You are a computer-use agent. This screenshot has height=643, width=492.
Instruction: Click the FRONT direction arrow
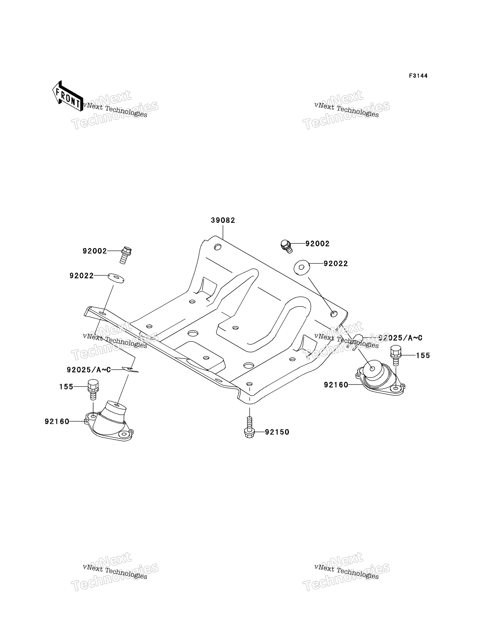pyautogui.click(x=67, y=96)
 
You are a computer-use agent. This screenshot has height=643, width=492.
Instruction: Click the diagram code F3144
pyautogui.click(x=418, y=76)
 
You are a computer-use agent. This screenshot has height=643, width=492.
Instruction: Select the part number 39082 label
pyautogui.click(x=223, y=220)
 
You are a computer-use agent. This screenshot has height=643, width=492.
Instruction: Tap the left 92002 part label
pyautogui.click(x=94, y=251)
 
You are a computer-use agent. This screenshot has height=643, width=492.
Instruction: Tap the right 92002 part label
pyautogui.click(x=317, y=244)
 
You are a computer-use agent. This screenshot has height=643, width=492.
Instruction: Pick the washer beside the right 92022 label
pyautogui.click(x=302, y=268)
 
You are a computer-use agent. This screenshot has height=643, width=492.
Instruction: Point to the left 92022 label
pyautogui.click(x=81, y=276)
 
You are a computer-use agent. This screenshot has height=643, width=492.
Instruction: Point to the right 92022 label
pyautogui.click(x=336, y=264)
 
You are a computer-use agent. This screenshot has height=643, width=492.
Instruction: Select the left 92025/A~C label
pyautogui.click(x=89, y=370)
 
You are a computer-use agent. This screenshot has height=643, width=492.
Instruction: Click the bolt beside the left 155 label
pyautogui.click(x=93, y=389)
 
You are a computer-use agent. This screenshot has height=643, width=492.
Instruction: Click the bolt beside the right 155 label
pyautogui.click(x=396, y=355)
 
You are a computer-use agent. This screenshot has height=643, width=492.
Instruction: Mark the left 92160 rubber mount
pyautogui.click(x=109, y=421)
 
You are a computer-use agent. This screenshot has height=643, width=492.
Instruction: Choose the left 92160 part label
pyautogui.click(x=57, y=421)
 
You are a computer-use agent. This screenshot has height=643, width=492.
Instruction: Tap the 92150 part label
pyautogui.click(x=277, y=432)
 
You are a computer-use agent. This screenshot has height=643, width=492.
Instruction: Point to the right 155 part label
pyautogui.click(x=423, y=356)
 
